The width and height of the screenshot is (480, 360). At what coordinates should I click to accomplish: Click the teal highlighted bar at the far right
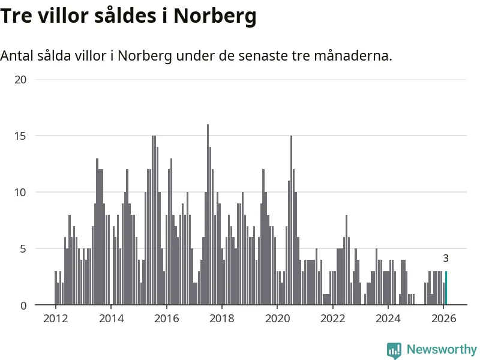[x=446, y=289]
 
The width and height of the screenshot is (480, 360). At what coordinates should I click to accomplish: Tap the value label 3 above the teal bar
[x=446, y=259]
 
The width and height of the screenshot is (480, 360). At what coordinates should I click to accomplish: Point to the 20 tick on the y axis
[x=21, y=79]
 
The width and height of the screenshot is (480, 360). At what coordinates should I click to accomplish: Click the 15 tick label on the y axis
[x=21, y=136]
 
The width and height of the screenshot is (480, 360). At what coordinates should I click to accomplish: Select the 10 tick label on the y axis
[x=21, y=193]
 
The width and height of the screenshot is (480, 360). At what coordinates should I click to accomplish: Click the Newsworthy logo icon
[x=394, y=350]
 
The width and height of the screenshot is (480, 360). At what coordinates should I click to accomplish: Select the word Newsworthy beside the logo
[x=442, y=349]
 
